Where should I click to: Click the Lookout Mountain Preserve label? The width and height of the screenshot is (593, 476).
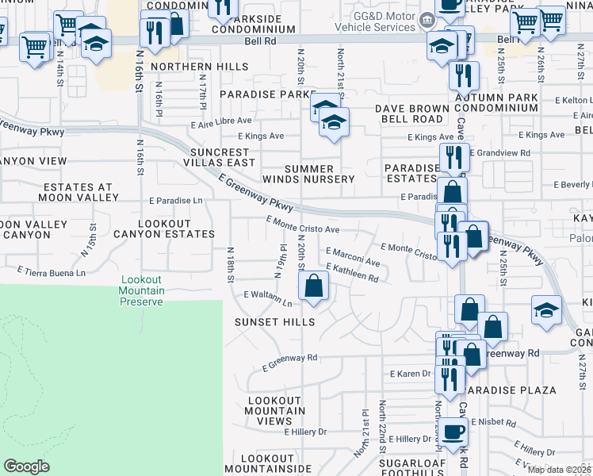click(x=143, y=291)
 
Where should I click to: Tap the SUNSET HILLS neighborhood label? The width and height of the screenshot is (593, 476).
click(x=274, y=322)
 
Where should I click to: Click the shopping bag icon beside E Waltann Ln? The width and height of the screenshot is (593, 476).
click(x=315, y=286)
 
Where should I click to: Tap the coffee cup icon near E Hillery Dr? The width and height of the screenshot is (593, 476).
click(x=453, y=433)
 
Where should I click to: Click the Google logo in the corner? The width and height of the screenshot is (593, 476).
click(x=26, y=466)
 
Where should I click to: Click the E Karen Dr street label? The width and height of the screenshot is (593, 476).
click(x=410, y=373)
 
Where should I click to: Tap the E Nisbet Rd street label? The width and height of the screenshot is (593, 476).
click(x=492, y=422)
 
